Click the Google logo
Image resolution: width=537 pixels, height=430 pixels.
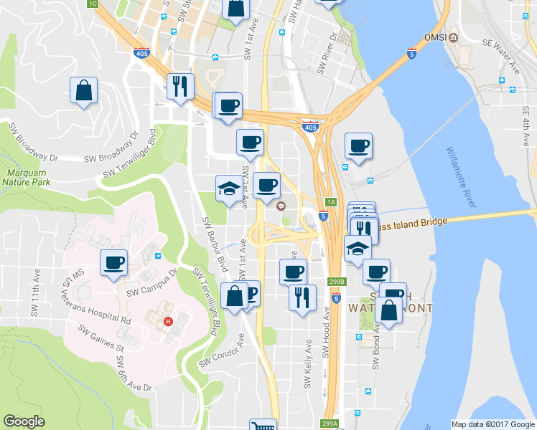click(24, 421)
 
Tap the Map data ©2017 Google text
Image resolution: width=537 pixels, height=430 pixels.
click(492, 424)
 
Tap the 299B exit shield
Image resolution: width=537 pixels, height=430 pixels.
click(337, 282)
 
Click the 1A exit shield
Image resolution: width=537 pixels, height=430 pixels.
click(330, 201)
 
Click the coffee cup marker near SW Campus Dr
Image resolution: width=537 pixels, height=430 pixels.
click(114, 262)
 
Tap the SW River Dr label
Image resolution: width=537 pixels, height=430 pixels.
click(327, 54)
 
